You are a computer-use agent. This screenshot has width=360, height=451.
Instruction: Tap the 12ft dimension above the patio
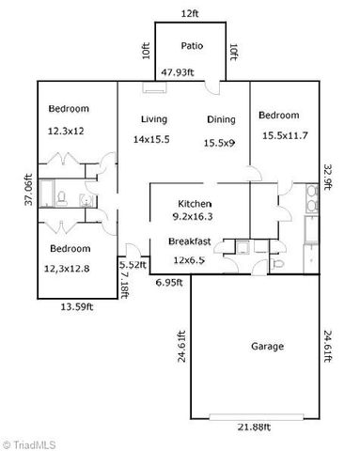coord(191,13)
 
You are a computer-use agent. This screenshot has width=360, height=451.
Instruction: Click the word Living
coord(154,119)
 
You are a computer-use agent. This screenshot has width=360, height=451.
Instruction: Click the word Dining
coord(221,119)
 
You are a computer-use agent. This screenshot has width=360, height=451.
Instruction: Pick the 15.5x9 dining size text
coord(221,143)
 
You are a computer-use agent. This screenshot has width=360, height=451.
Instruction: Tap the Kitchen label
coord(195,204)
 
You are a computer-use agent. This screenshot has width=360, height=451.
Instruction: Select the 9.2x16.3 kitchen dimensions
coord(195,216)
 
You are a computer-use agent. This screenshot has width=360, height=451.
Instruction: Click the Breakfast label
coord(189,241)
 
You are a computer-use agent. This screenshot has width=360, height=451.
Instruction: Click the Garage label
coord(267,346)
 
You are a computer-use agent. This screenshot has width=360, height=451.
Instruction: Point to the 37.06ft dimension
coord(29,192)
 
